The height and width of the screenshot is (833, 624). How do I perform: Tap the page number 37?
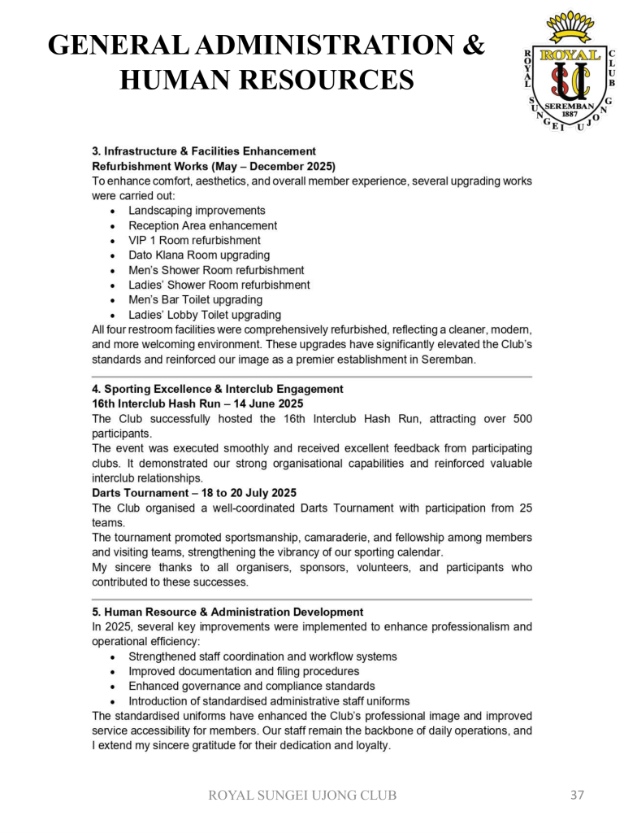[x=577, y=795]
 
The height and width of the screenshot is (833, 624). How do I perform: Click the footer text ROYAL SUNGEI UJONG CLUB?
[x=303, y=796]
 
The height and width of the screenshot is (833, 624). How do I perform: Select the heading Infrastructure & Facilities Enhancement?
[x=204, y=150]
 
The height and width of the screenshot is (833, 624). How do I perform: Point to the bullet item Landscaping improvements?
[x=197, y=211]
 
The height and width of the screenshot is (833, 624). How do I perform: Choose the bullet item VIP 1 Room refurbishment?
[x=194, y=240]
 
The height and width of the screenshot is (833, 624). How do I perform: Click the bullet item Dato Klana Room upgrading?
[x=199, y=255]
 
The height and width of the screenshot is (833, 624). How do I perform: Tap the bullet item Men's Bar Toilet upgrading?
[x=195, y=299]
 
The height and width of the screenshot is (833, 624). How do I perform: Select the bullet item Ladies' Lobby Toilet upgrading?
[x=205, y=314]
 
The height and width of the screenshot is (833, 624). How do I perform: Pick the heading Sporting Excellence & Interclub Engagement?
[x=218, y=389]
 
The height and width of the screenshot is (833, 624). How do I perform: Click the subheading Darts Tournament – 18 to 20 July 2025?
[x=194, y=493]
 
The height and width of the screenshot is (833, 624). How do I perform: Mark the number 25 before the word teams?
[x=525, y=508]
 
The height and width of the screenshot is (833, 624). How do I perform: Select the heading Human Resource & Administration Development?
[x=227, y=612]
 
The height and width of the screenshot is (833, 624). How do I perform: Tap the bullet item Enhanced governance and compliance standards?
[x=252, y=686]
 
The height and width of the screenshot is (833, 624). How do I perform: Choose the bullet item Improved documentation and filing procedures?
[x=244, y=671]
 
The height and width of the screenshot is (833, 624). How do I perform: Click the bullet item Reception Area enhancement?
[x=202, y=225]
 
